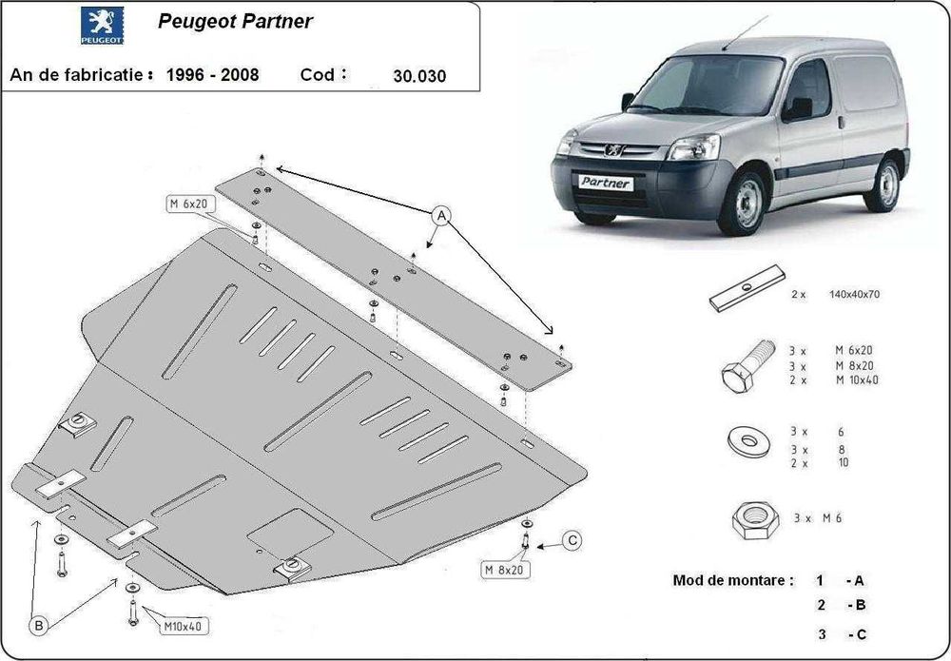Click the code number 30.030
point(419,76)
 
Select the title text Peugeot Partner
point(234,21)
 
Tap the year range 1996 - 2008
point(212,74)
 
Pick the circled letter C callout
point(572,542)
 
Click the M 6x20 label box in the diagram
point(189,204)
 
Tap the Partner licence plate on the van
point(606,181)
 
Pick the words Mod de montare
point(732,580)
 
